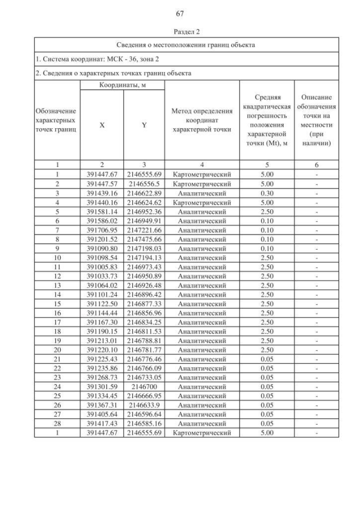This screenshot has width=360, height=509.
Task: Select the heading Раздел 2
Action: coord(180,32)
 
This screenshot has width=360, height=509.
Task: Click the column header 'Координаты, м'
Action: coord(123,85)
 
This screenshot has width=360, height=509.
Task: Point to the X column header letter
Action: coord(102,125)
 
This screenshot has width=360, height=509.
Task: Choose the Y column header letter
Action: coord(145,125)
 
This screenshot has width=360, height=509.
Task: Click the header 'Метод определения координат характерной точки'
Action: coord(202,120)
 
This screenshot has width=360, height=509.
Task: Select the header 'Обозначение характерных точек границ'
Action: coord(57,120)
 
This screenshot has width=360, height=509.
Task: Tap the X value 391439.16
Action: coord(102,192)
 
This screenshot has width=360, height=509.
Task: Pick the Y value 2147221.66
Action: coord(145,230)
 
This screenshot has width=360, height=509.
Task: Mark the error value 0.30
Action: coord(267,192)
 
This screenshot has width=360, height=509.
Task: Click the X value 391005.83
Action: coord(102,267)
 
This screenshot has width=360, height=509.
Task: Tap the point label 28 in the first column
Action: coord(57,424)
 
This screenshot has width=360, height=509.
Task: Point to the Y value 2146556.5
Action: coord(145,183)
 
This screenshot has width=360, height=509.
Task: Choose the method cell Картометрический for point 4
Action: coord(202,202)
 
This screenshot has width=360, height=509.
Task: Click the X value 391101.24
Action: coord(102,294)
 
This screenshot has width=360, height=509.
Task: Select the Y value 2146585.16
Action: coord(145,424)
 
